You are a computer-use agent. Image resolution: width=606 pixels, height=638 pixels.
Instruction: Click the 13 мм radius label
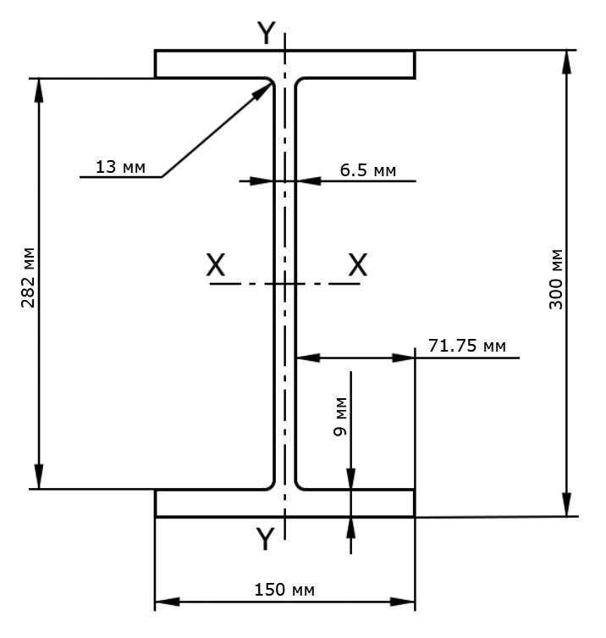pyautogui.click(x=120, y=167)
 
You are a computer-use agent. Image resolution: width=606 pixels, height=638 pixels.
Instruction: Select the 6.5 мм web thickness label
pyautogui.click(x=368, y=170)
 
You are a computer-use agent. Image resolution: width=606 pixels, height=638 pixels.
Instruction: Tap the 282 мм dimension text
pyautogui.click(x=28, y=277)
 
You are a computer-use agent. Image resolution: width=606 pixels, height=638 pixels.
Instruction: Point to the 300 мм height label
pyautogui.click(x=555, y=279)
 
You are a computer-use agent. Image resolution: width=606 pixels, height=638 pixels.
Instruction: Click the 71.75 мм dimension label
pyautogui.click(x=467, y=346)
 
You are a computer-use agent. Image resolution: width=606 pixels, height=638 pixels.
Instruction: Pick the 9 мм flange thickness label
pyautogui.click(x=339, y=416)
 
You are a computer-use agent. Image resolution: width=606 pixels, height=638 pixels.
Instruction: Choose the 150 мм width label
pyautogui.click(x=284, y=590)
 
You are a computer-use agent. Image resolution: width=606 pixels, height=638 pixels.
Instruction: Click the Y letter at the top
pyautogui.click(x=267, y=32)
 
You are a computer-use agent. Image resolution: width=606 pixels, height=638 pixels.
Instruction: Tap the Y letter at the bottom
pyautogui.click(x=266, y=538)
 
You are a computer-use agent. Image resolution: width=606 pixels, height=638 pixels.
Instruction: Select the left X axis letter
pyautogui.click(x=216, y=265)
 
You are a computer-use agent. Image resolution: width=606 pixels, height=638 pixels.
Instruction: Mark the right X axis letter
pyautogui.click(x=358, y=265)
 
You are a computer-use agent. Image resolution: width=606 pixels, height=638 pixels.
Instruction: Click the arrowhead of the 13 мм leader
pyautogui.click(x=262, y=92)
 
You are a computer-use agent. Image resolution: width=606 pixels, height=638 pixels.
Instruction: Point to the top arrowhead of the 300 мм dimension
pyautogui.click(x=566, y=62)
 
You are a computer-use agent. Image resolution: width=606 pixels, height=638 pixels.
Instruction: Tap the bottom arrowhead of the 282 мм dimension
pyautogui.click(x=39, y=476)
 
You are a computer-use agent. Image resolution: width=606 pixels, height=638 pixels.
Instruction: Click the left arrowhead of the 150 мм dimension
pyautogui.click(x=167, y=602)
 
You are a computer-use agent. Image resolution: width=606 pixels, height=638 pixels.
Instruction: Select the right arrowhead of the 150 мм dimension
pyautogui.click(x=402, y=602)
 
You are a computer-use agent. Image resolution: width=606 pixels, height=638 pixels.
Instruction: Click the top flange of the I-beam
pyautogui.click(x=284, y=64)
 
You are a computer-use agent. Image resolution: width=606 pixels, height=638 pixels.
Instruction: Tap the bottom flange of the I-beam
pyautogui.click(x=284, y=503)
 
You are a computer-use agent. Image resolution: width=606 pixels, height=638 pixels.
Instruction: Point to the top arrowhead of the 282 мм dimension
pyautogui.click(x=39, y=90)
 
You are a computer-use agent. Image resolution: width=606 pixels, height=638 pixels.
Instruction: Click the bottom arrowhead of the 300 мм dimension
pyautogui.click(x=566, y=504)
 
